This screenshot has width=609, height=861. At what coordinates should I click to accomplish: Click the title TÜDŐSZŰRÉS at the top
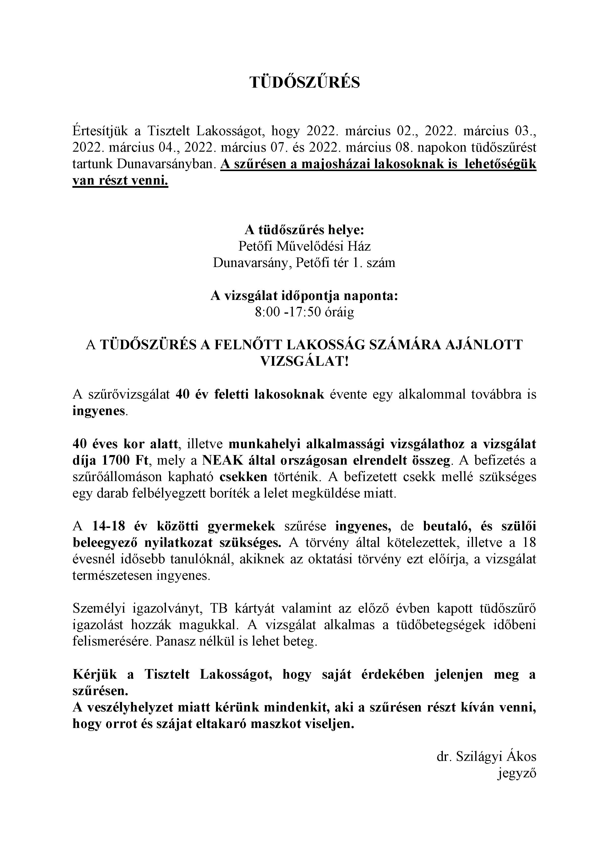[304, 82]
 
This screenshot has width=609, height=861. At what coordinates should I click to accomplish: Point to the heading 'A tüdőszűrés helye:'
[304, 229]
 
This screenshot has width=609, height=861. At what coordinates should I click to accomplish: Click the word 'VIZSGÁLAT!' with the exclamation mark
[304, 361]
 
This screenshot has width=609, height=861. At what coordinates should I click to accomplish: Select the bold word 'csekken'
[243, 477]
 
